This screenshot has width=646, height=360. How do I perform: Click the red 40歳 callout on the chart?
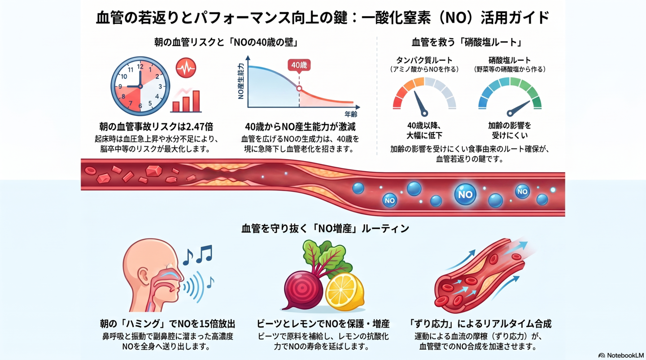[x=299, y=65]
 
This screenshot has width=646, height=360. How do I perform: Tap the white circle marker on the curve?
[x=299, y=88]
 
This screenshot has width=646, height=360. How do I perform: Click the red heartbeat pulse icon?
[x=186, y=68]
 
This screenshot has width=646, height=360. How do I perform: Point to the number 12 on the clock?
[x=140, y=67]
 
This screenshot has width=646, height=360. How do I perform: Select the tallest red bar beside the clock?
[x=196, y=101]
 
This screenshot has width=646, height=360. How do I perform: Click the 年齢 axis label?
[x=351, y=114]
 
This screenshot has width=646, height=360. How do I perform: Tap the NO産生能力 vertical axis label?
[x=241, y=81]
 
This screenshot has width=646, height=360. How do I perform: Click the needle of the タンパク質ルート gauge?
[x=420, y=104]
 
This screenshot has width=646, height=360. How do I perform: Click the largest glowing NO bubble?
[x=465, y=195]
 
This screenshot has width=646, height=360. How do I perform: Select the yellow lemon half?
[x=345, y=291]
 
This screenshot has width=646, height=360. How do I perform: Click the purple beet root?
[x=303, y=290]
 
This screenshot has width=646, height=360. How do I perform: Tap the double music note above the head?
[x=205, y=254]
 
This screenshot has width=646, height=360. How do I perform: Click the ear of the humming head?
[x=143, y=276]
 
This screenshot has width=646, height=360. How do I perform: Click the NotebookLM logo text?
[x=625, y=356]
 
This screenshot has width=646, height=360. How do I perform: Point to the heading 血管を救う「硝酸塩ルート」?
[x=467, y=43]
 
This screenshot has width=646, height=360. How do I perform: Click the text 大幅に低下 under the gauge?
[x=424, y=135]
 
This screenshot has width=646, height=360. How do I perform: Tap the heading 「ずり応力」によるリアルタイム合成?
[x=480, y=324]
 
